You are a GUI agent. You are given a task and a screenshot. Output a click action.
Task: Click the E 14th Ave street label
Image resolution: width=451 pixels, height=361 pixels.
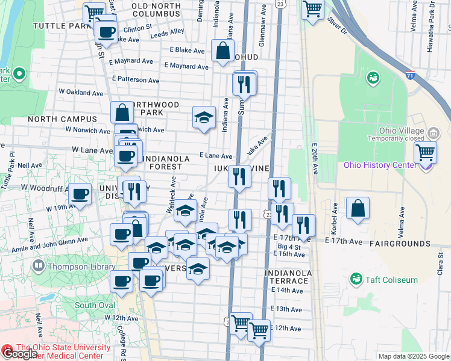click(x=286, y=290)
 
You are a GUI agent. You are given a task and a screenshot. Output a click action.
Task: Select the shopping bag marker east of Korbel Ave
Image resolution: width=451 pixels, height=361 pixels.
click(x=358, y=208)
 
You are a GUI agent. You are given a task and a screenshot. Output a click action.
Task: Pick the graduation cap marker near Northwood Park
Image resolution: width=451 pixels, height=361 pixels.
click(x=204, y=117)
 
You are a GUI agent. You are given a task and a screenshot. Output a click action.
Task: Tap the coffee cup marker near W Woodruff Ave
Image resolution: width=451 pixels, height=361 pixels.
click(x=80, y=194)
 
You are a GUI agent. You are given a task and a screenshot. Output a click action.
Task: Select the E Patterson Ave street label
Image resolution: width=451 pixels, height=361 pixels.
click(x=136, y=79)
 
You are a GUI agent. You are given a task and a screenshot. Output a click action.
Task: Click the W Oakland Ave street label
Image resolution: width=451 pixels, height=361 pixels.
click(x=81, y=93)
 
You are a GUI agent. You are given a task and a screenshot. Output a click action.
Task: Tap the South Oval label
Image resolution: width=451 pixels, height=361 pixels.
click(x=94, y=305)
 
